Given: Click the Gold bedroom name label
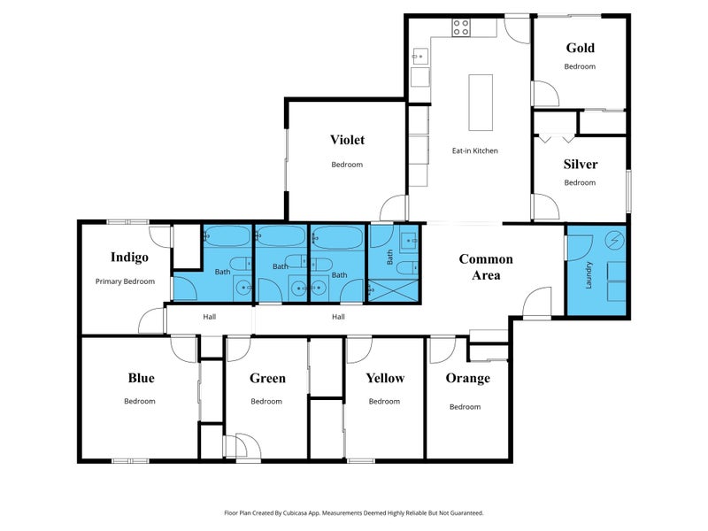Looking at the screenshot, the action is [581, 48].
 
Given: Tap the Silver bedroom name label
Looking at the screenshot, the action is [581, 164].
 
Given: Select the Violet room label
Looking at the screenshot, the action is [347, 140].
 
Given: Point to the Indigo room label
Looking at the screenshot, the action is [129, 257].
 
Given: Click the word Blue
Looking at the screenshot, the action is [141, 378].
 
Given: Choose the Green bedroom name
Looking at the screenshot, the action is [267, 378].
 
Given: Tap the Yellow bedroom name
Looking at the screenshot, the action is [385, 378].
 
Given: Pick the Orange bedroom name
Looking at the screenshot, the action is [468, 378].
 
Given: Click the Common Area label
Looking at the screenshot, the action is [486, 267].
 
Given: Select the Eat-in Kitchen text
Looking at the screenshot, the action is [475, 150].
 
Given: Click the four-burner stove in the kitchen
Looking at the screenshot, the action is [461, 27].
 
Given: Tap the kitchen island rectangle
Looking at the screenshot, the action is [481, 103].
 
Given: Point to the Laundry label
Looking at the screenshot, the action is [589, 275].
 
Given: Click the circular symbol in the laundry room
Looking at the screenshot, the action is [614, 240].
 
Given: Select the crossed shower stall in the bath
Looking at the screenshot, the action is [393, 291].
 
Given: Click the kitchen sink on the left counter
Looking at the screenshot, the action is [419, 57].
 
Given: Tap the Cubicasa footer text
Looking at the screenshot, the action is [353, 513].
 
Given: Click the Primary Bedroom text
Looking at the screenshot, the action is [125, 281].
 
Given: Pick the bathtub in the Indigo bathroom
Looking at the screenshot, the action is [227, 235].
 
